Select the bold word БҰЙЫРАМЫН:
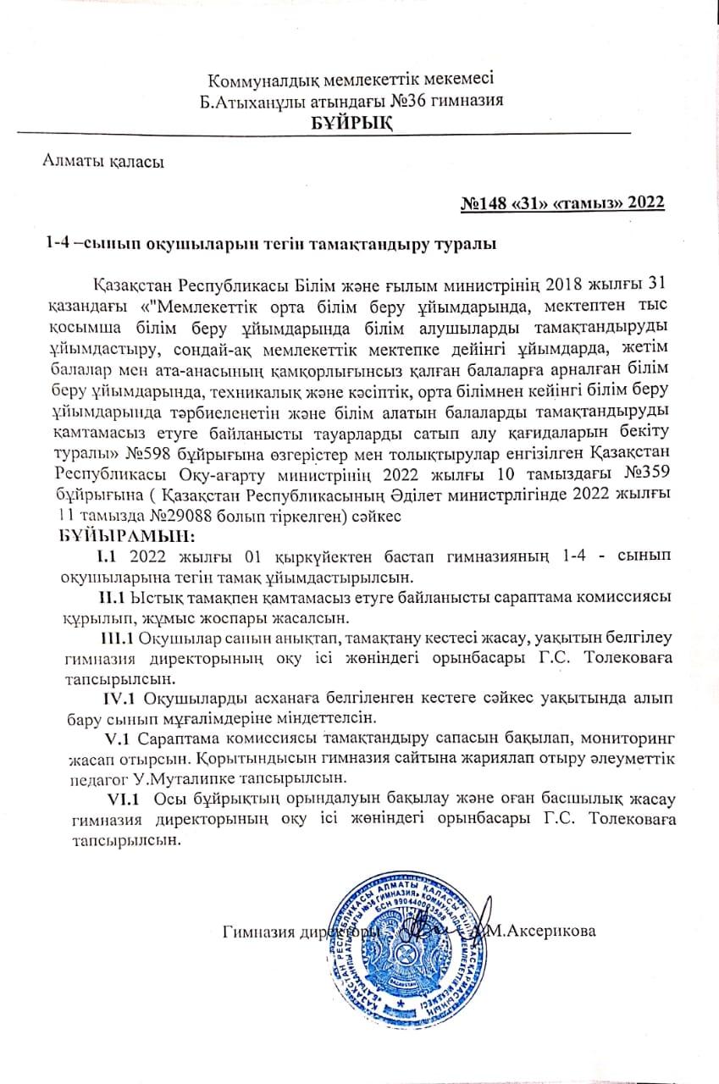(127, 537)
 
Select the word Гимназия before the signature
(255, 932)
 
